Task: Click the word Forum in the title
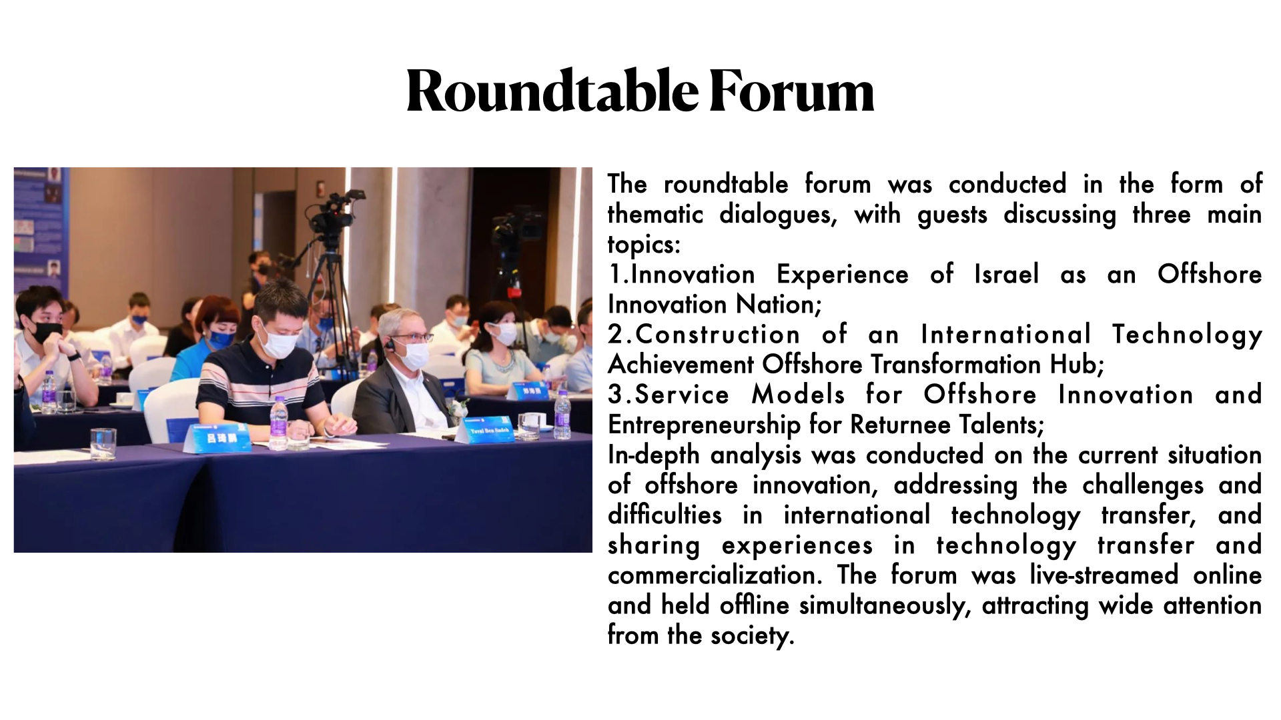791,91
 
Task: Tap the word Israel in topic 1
1006,274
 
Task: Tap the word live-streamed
1104,575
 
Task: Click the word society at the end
752,635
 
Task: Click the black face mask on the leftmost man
45,331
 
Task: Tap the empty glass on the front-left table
103,443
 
